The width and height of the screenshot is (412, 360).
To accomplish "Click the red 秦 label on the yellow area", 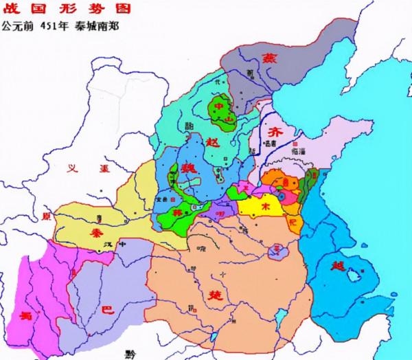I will pyautogui.click(x=96, y=234).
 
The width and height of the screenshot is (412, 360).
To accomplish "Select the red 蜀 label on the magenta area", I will pyautogui.click(x=25, y=315).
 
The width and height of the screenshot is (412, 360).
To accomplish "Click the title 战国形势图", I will pyautogui.click(x=42, y=9).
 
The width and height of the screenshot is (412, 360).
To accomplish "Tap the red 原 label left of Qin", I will pyautogui.click(x=47, y=216).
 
